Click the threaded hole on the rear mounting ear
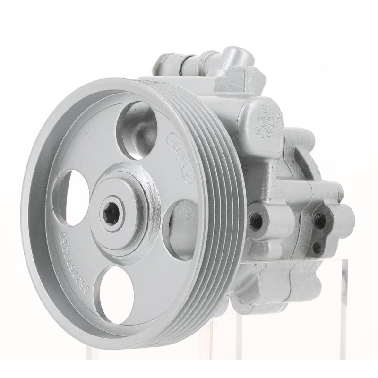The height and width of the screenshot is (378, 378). pos(319,219)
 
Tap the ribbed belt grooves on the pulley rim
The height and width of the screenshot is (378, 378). pos(222,198)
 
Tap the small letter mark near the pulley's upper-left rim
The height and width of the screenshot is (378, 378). pos(89,134)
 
